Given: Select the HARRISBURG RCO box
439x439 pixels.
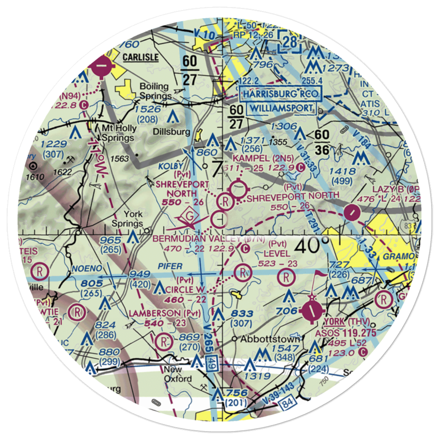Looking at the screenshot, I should [x=281, y=94].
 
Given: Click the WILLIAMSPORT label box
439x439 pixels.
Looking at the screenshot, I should [x=281, y=108].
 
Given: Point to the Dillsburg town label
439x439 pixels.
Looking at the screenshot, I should [x=172, y=131].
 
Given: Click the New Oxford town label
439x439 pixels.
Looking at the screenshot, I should [x=177, y=374].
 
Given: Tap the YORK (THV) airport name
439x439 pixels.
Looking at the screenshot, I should [x=345, y=321].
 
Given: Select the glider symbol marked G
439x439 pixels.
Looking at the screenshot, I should [x=190, y=217].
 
